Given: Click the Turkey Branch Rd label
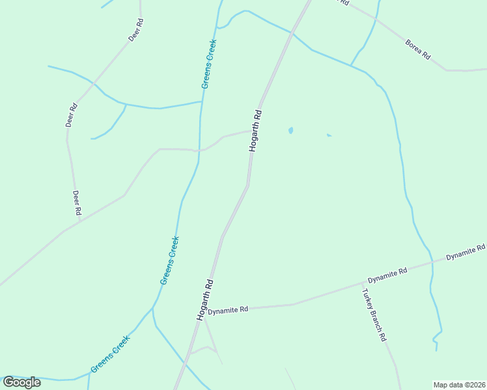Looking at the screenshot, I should [374, 315].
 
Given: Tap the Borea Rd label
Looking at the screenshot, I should [418, 50].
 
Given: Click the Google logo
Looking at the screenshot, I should [21, 382].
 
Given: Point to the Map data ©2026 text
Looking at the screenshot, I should [459, 384].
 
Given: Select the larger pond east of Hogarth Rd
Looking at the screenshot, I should [290, 131].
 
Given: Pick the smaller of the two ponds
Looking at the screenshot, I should [329, 135].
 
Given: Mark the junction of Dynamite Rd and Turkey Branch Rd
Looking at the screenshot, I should [362, 284].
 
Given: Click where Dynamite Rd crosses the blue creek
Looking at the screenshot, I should [432, 263].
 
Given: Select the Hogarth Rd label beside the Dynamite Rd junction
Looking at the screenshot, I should [204, 300].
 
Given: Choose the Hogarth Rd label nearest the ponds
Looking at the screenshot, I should [255, 131].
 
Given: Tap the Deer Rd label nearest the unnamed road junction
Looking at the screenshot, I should [76, 203].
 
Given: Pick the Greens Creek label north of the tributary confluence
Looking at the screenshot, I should [208, 64].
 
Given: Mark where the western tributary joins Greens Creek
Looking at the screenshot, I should [202, 101].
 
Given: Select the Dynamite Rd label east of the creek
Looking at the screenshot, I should [466, 252].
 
